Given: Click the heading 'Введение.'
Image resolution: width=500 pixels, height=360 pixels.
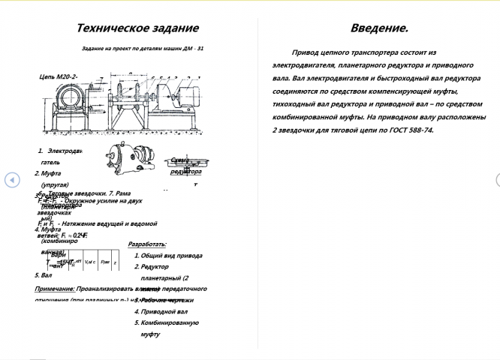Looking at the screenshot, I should pos(379,28).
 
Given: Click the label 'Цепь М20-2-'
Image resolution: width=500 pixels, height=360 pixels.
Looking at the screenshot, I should pos(59,77).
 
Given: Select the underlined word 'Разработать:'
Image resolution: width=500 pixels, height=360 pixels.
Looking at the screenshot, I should pos(147,244).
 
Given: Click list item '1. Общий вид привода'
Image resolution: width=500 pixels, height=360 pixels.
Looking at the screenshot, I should pos(168,256).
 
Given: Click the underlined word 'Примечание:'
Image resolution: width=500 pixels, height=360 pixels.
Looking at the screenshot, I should pos(53,288).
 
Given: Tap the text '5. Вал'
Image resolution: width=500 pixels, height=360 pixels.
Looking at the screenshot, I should pos(42,275).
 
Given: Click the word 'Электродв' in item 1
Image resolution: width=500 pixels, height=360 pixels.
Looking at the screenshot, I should pos(64,151).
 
